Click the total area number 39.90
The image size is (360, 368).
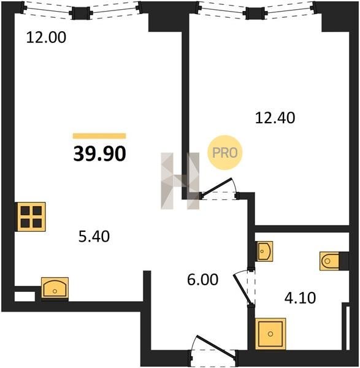click(100, 154)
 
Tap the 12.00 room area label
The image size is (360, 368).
click(46, 37)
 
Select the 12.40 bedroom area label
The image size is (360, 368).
click(275, 118)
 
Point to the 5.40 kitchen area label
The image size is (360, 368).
click(94, 236)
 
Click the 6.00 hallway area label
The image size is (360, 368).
click(203, 280)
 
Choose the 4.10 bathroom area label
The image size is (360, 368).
click(300, 298)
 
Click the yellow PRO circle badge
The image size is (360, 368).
click(224, 153)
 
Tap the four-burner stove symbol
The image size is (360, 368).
click(31, 217)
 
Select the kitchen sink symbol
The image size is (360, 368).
click(55, 289)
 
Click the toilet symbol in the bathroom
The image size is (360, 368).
click(330, 261)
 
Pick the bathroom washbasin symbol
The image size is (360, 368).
click(264, 251)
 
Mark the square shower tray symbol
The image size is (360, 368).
click(270, 334)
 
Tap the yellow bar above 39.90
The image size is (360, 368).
click(99, 136)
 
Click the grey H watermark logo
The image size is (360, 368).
click(180, 181)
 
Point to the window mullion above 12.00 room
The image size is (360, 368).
click(81, 13)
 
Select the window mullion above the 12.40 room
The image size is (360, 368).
click(255, 13)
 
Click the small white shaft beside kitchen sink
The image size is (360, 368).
click(25, 296)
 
